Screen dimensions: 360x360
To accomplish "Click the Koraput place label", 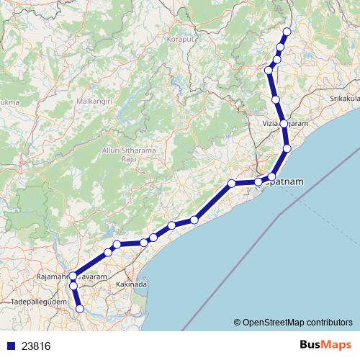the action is (x=180, y=39).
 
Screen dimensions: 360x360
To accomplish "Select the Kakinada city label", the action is (x=132, y=285).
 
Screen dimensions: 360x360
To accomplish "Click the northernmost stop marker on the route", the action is (x=287, y=31).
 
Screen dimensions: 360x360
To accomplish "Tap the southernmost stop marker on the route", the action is (x=80, y=309).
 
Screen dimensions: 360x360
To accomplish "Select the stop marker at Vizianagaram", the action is (x=284, y=124).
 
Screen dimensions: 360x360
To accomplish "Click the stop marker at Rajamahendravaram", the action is (x=73, y=276).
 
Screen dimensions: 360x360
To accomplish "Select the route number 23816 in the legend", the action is (x=36, y=346).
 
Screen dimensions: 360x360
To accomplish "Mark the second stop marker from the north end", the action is (x=280, y=47).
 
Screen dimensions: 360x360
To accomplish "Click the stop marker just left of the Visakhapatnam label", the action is (x=258, y=182).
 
